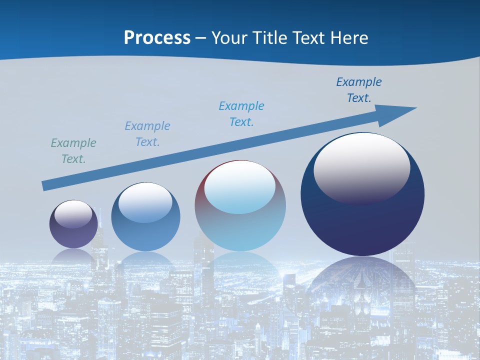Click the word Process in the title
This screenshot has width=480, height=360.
point(157,38)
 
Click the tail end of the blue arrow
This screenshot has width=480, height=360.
point(45,186)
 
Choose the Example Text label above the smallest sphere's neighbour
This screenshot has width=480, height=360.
point(147,134)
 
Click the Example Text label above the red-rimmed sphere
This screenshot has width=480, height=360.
point(241,114)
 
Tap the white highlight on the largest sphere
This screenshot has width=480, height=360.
point(361,165)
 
